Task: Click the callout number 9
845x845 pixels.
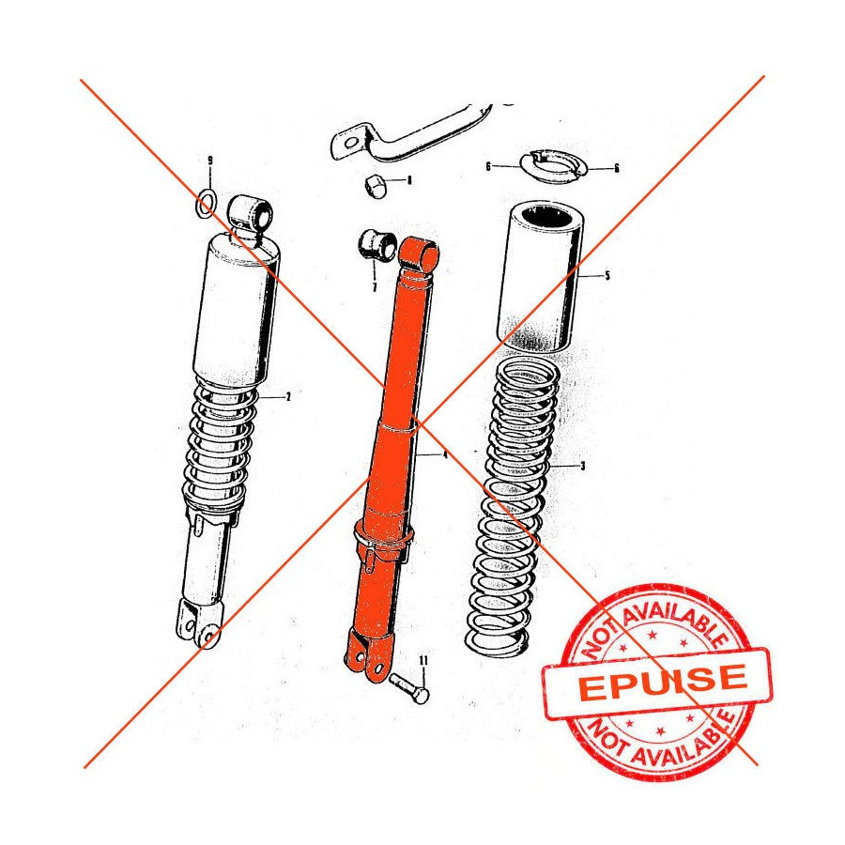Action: [x=210, y=161]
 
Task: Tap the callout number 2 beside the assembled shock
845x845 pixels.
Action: [x=288, y=397]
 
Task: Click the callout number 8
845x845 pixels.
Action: [x=409, y=179]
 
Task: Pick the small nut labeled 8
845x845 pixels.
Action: [x=375, y=186]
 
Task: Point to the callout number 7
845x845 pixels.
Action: [x=375, y=287]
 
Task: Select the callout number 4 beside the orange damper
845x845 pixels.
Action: [x=445, y=454]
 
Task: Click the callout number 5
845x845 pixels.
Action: [x=607, y=276]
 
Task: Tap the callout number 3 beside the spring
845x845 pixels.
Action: [x=582, y=466]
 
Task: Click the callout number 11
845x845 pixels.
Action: [x=423, y=660]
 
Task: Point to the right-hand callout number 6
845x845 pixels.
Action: [x=617, y=168]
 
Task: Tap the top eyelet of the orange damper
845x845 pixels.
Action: [x=420, y=253]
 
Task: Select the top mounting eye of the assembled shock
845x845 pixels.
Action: [x=251, y=214]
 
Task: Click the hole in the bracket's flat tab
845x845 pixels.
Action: [x=350, y=144]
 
